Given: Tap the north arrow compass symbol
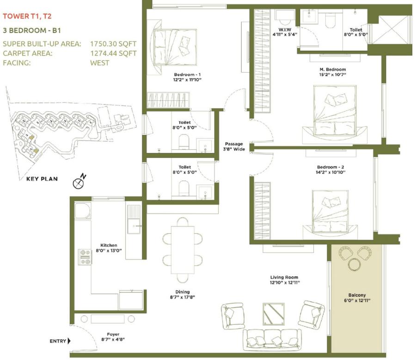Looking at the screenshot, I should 78,183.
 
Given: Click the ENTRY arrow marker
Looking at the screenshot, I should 69,342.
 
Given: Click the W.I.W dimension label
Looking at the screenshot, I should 284,31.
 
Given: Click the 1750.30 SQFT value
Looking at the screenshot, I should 113,44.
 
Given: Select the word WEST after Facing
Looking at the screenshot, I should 100,62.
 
